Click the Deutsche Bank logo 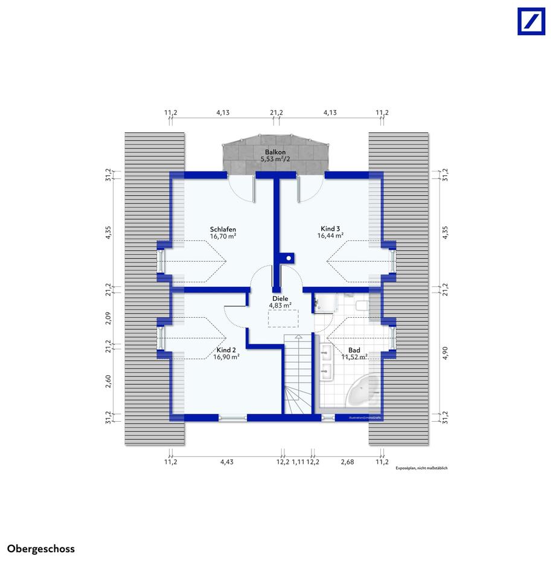(x=531, y=21)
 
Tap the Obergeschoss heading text (x=41, y=549)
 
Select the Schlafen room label (x=223, y=230)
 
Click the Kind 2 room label (x=226, y=350)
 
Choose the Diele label (x=280, y=298)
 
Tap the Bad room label (x=354, y=350)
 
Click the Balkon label (x=275, y=152)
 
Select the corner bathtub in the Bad (x=363, y=391)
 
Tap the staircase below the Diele (x=297, y=375)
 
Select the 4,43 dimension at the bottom (x=226, y=462)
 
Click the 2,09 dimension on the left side (x=108, y=318)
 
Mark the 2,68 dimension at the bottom (x=347, y=462)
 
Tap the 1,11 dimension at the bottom (x=298, y=462)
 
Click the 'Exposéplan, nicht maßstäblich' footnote (x=421, y=468)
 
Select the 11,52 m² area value (x=355, y=357)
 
